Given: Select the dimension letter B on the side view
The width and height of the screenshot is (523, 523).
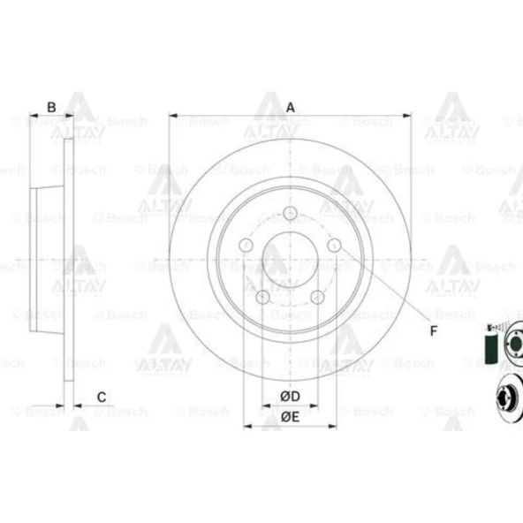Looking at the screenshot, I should [x=51, y=107].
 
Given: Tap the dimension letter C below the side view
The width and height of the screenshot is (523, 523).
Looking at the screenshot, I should [x=102, y=397].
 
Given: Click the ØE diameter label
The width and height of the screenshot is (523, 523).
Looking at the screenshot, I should [x=290, y=416].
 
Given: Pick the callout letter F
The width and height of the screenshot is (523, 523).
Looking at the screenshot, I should [x=434, y=331].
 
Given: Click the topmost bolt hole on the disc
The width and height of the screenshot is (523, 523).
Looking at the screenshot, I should [x=291, y=212].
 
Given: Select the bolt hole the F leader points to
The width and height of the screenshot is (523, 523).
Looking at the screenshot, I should [x=334, y=245].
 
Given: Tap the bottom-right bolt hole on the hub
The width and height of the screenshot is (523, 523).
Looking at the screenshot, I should [x=317, y=296].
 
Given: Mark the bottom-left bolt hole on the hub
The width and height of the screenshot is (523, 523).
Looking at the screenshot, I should [x=263, y=296].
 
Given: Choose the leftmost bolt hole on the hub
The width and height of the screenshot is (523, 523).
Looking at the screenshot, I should [x=246, y=245].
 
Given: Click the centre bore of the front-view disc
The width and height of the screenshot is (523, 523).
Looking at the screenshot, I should [x=290, y=261].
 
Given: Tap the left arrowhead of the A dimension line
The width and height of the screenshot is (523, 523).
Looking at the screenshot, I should [x=173, y=115].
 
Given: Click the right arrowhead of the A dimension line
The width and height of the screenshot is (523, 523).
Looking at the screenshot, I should [x=407, y=115].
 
